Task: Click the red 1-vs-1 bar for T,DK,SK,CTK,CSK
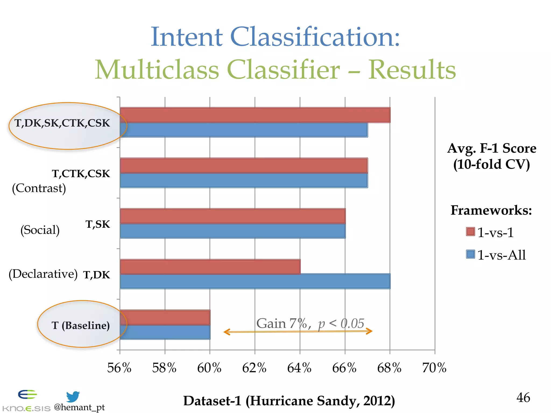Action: [x=255, y=115]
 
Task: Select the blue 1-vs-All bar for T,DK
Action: [x=255, y=281]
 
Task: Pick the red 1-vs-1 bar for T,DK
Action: [x=210, y=267]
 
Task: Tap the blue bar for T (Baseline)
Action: [x=165, y=332]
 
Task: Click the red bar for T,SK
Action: [x=232, y=216]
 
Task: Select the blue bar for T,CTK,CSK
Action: [x=243, y=180]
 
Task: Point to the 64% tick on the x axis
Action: [x=299, y=368]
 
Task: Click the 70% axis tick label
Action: [x=434, y=368]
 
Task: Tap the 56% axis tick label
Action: [x=119, y=368]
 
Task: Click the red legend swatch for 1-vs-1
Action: [x=470, y=232]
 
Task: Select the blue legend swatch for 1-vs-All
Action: [x=470, y=254]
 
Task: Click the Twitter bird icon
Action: [x=73, y=396]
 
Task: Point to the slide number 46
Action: [x=523, y=397]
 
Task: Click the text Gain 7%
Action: [x=282, y=323]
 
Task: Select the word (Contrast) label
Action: [x=39, y=188]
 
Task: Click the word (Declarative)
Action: [x=43, y=274]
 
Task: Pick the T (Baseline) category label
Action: [x=80, y=325]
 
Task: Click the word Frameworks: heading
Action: [x=491, y=210]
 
